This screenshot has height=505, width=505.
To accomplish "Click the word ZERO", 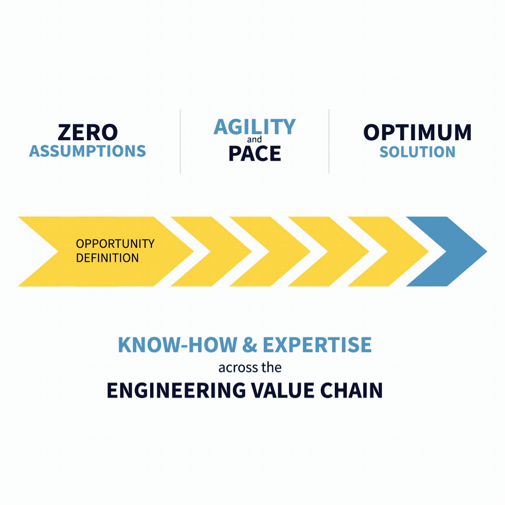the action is coord(87,132).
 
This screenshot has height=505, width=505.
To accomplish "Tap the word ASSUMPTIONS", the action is coord(87,151).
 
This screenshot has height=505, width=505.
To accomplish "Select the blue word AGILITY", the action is coord(254,127).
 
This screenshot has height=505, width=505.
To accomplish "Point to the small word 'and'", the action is coord(254,139).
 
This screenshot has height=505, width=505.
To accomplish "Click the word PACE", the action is coord(255,153).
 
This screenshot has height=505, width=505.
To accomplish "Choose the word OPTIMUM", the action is coord(418,132).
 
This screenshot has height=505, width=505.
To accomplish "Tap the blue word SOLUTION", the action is coord(418,151).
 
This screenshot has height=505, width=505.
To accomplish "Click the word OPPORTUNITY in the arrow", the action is coord(115,244).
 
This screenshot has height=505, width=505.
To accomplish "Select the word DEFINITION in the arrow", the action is coord(107,258).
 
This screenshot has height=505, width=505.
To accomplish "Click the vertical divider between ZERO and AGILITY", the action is coord(180,141).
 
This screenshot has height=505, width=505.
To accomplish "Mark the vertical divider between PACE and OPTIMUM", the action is coord(329,141).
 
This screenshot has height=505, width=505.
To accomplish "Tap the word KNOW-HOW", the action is coord(178,345).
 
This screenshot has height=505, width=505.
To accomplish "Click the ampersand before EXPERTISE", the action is coord(250,345).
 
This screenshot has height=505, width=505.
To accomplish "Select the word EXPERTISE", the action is coord(317,345).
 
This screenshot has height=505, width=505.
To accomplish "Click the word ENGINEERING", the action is coord(176,390).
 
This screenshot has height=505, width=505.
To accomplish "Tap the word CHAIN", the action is coord(351,390).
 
